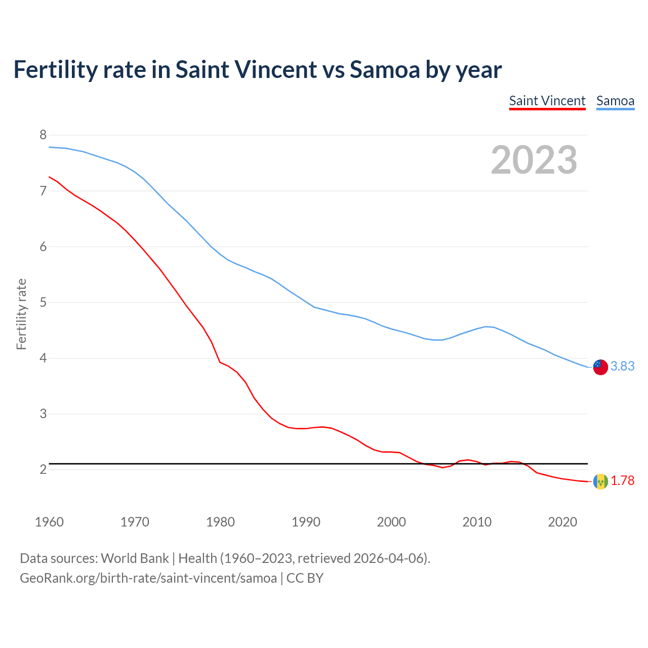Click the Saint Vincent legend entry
pyautogui.click(x=547, y=101)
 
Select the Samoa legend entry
pyautogui.click(x=615, y=101)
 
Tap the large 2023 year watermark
pyautogui.click(x=534, y=160)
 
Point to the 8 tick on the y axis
pyautogui.click(x=43, y=135)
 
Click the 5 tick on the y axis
pyautogui.click(x=43, y=302)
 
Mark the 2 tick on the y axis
pyautogui.click(x=43, y=469)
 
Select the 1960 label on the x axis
pyautogui.click(x=49, y=522)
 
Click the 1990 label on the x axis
pyautogui.click(x=306, y=522)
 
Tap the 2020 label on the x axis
pyautogui.click(x=562, y=522)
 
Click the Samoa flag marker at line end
pyautogui.click(x=600, y=367)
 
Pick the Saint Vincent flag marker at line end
pyautogui.click(x=600, y=481)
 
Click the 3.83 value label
pyautogui.click(x=622, y=366)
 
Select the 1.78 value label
pyautogui.click(x=622, y=480)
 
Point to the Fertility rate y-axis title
pyautogui.click(x=21, y=314)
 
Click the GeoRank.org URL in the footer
pyautogui.click(x=148, y=578)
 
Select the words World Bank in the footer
pyautogui.click(x=135, y=558)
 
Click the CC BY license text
pyautogui.click(x=305, y=578)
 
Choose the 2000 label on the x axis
pyautogui.click(x=391, y=522)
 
